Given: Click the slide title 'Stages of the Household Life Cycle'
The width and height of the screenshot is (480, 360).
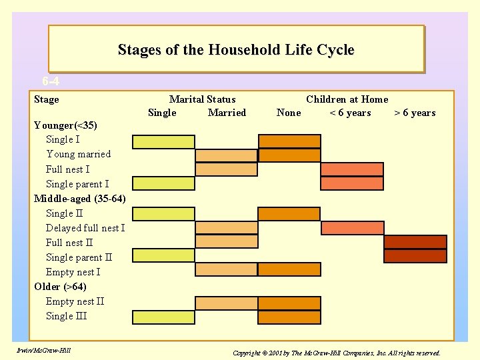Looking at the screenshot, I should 236,50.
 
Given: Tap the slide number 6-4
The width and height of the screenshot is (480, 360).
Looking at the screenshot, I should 51,82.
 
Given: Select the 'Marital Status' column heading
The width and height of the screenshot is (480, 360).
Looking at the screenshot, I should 202,99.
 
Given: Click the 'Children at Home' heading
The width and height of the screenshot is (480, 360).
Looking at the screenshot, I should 347,99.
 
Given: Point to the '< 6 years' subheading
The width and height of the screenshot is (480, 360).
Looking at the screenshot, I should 350,113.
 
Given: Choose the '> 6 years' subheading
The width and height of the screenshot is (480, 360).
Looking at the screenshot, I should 415,113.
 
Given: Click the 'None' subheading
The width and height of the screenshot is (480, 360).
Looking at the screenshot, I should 289,113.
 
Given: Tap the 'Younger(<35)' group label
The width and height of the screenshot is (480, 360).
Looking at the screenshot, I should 65,125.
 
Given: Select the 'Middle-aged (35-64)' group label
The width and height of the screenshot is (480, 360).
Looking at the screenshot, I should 79,199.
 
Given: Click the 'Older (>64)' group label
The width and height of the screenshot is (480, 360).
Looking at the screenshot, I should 60,287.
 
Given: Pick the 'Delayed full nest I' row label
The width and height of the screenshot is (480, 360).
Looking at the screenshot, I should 85,228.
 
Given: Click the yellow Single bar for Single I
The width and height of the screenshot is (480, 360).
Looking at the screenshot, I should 163,141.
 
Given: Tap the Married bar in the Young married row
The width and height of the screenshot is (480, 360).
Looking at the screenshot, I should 226,155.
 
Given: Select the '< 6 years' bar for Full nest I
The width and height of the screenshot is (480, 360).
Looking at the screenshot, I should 352,169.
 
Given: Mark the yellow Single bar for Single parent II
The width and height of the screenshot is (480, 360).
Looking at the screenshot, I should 163,256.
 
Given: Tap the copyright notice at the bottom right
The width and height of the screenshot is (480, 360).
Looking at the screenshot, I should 337,352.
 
